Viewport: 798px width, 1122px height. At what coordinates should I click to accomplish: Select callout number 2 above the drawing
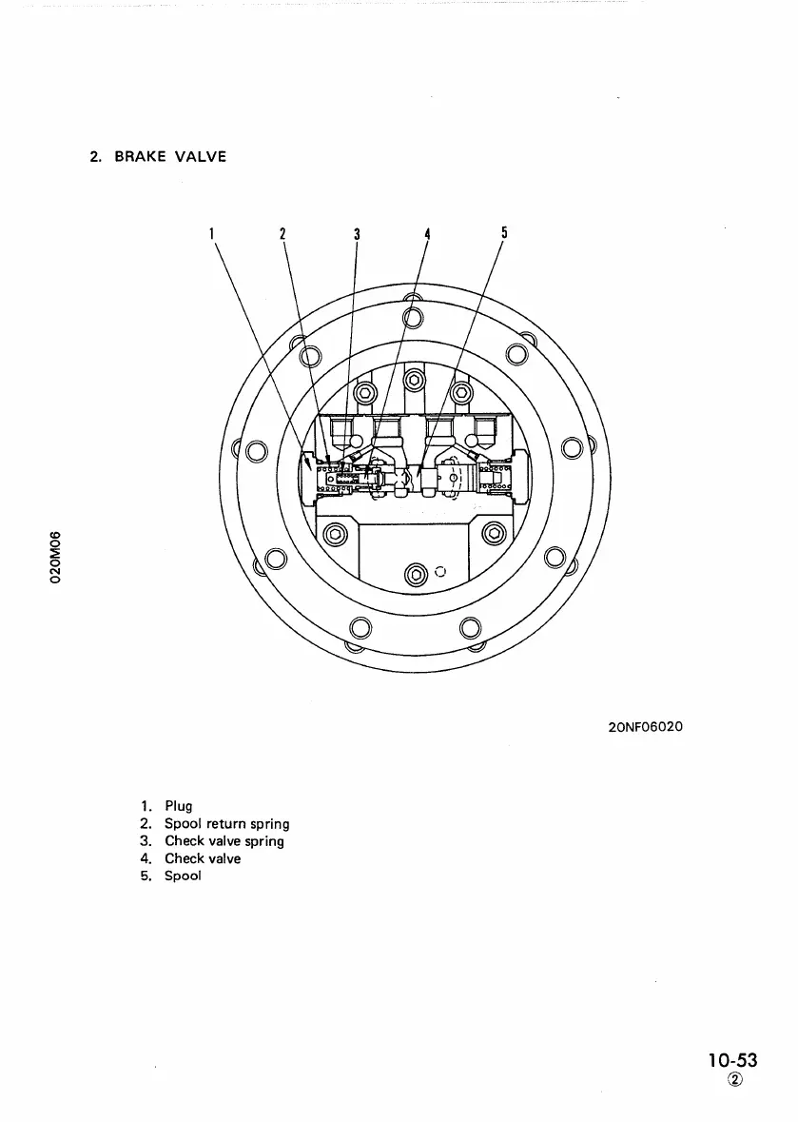(x=283, y=232)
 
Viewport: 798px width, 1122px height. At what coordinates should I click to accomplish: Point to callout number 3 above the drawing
(x=356, y=232)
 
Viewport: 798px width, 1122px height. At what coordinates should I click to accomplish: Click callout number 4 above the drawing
(x=428, y=232)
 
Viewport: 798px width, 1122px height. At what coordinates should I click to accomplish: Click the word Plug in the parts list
(x=178, y=806)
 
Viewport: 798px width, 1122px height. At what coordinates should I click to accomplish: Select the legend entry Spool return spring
(x=226, y=823)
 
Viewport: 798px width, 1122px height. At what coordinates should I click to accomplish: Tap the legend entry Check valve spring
(x=224, y=841)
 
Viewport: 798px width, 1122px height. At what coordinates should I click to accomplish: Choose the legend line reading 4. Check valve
(x=189, y=858)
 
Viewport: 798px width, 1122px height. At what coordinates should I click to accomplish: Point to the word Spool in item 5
(x=183, y=876)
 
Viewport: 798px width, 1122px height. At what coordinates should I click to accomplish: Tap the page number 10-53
(x=732, y=1059)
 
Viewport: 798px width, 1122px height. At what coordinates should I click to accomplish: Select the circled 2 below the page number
(x=734, y=1079)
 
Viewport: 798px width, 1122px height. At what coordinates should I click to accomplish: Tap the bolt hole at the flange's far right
(x=572, y=448)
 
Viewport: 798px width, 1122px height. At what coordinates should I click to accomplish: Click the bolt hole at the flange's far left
(x=254, y=448)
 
